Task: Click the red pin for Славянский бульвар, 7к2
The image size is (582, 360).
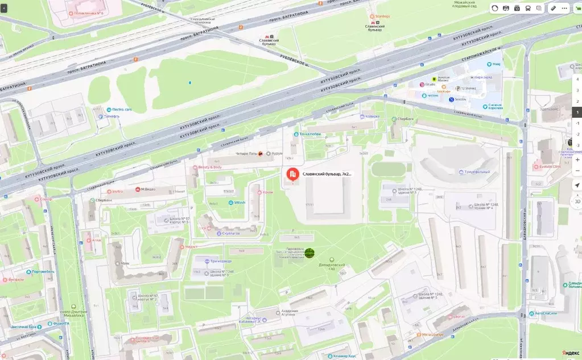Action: coord(292,175)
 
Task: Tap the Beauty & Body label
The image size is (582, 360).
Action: coord(209,167)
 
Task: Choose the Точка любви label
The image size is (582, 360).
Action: coord(307,134)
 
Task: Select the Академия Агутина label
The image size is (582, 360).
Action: coord(288,313)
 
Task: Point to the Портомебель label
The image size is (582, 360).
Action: coord(43,271)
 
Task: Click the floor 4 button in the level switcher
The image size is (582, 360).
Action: coord(577,79)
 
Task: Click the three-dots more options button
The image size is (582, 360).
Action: coord(564,9)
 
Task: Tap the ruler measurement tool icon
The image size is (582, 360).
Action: coord(552,9)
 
